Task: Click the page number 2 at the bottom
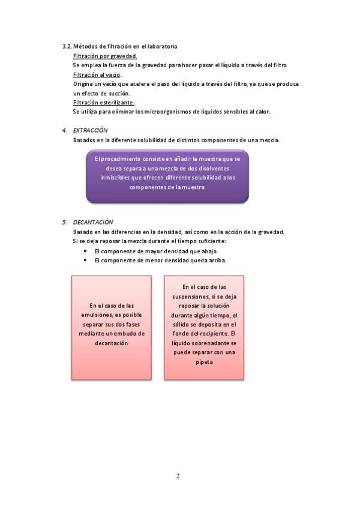coord(178,477)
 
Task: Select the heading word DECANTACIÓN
coord(93,222)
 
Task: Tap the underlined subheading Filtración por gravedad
coord(105,56)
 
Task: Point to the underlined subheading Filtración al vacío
coord(97,74)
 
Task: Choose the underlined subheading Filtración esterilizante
coord(104,103)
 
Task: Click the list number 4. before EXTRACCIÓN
coord(64,130)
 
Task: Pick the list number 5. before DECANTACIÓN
coord(64,222)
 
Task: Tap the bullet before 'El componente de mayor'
coord(86,251)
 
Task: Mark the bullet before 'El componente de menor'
coord(86,261)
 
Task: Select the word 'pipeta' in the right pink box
coord(205,363)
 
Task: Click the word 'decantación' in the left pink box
coord(112,343)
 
